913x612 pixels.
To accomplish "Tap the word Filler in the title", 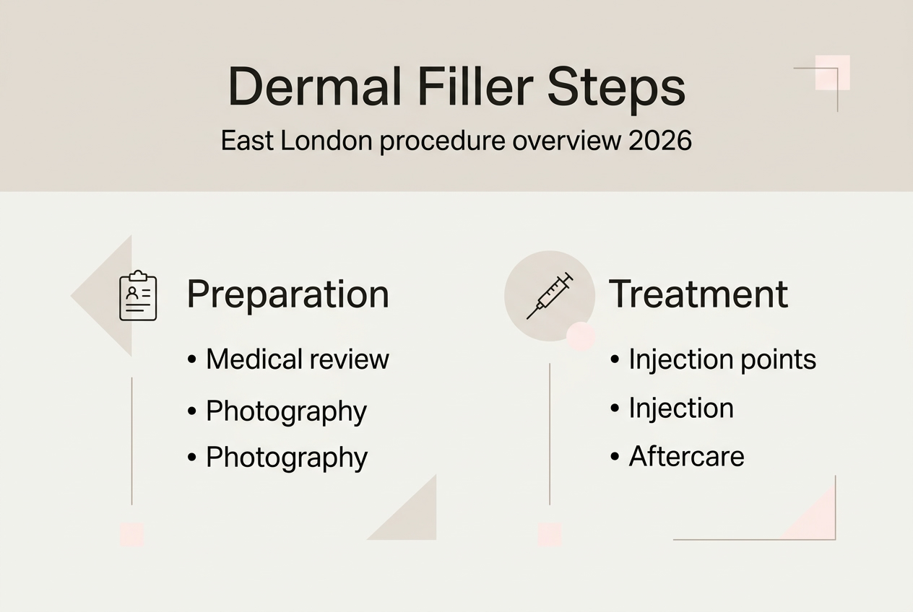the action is (475, 87).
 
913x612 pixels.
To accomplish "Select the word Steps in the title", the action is (616, 90).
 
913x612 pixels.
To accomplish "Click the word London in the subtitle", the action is (326, 141).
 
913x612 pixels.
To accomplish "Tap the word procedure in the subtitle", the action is (443, 142).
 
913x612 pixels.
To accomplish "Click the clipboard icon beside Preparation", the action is (138, 295).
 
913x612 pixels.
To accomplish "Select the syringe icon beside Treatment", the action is (550, 296).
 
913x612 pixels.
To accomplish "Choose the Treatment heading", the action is (698, 294).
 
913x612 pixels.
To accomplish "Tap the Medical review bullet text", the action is (298, 359).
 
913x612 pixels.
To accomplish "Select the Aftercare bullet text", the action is (686, 456).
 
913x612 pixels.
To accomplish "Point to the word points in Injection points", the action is (778, 361).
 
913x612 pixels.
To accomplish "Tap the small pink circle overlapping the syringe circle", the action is (581, 336).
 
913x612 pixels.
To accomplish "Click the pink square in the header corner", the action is (832, 72).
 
